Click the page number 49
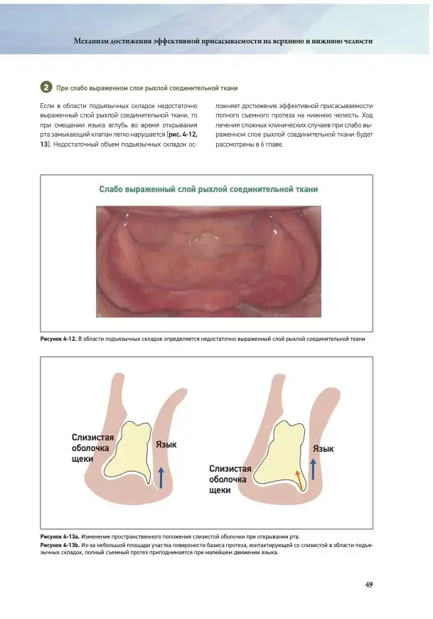(369, 585)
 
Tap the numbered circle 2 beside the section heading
(46, 87)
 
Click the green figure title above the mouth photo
(208, 189)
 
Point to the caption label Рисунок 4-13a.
(60, 535)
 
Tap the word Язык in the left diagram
(166, 445)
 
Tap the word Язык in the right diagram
(324, 449)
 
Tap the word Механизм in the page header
(91, 41)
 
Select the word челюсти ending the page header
(357, 41)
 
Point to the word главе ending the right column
(272, 144)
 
